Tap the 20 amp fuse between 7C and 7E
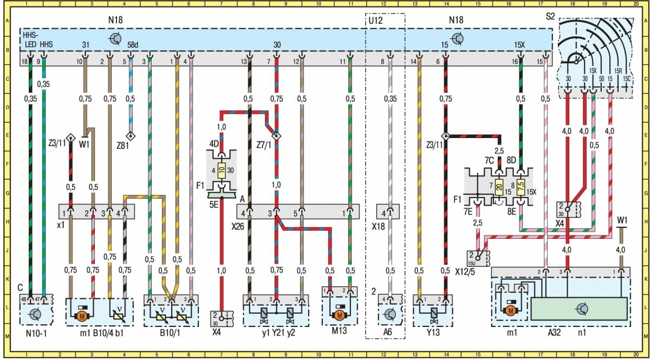(x=499, y=187)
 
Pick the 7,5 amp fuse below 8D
(x=522, y=187)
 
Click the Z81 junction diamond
(x=130, y=135)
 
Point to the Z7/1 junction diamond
(x=276, y=135)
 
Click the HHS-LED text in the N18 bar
(x=30, y=38)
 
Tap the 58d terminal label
(x=131, y=44)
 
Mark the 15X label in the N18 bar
(x=520, y=44)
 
